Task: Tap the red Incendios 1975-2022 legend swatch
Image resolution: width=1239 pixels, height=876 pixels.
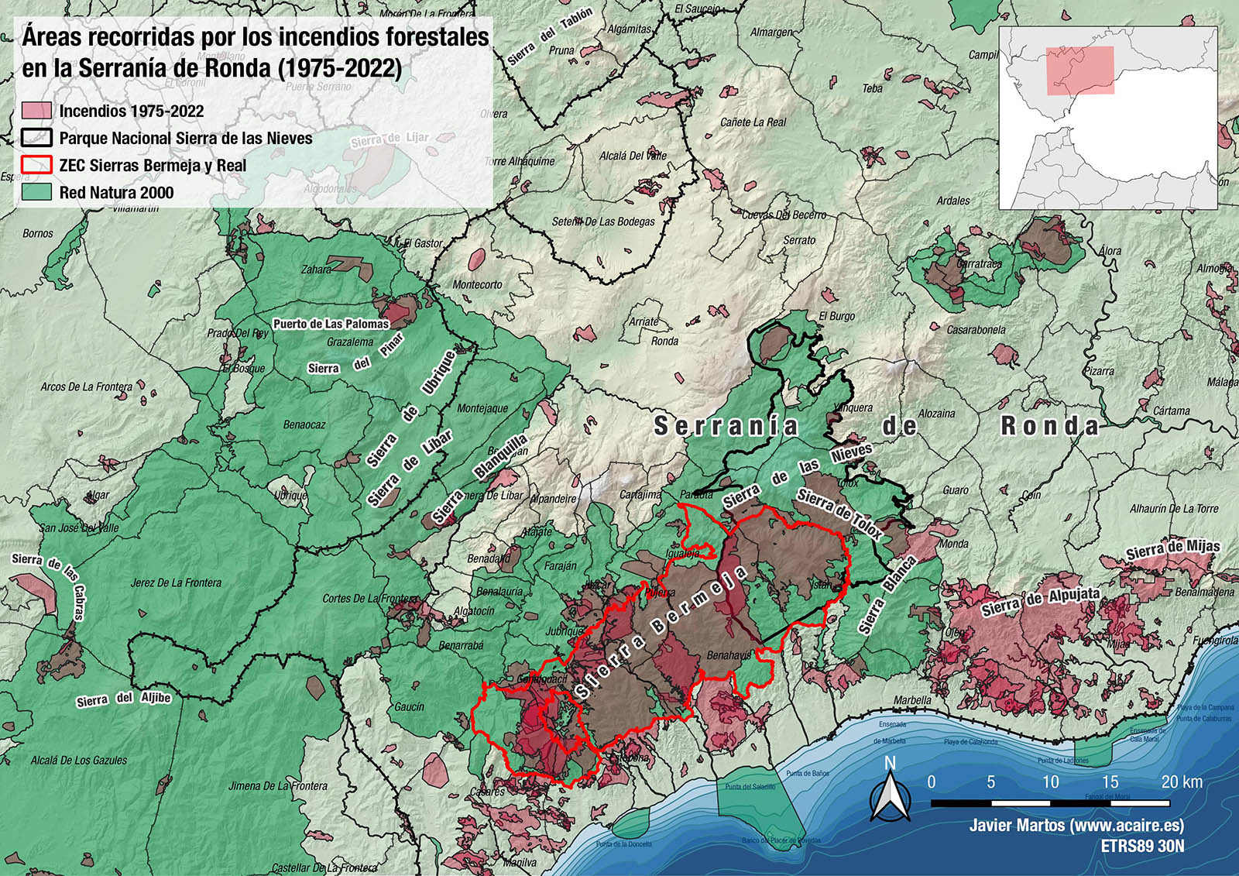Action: pos(36,111)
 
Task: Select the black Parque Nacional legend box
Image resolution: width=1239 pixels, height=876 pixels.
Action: pos(36,138)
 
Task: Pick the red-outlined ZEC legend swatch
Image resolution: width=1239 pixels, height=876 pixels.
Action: pos(36,165)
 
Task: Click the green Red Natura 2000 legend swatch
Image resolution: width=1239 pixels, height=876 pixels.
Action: pos(36,192)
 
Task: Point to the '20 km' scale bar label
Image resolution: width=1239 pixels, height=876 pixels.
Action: pos(1181,782)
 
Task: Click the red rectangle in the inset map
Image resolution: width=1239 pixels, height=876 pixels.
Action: pos(1080,70)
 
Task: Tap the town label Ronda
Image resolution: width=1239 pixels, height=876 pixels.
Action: pos(664,341)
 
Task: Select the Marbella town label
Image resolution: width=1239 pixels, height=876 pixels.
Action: pos(912,700)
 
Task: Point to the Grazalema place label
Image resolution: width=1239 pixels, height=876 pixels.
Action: pos(350,342)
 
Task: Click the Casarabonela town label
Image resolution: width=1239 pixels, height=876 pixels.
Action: pos(976,330)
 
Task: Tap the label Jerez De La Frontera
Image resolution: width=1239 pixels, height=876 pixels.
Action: pos(176,582)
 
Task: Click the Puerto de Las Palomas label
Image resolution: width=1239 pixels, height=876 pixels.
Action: pos(331,324)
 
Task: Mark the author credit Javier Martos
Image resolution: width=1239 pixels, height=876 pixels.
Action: pos(1076,826)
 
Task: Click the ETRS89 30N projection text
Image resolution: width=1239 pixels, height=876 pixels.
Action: pos(1142,847)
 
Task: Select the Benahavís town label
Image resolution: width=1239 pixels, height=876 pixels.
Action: pos(728,655)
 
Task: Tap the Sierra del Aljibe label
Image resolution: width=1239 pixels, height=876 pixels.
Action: pos(123,699)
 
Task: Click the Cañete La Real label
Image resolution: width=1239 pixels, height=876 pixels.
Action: pos(753,122)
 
